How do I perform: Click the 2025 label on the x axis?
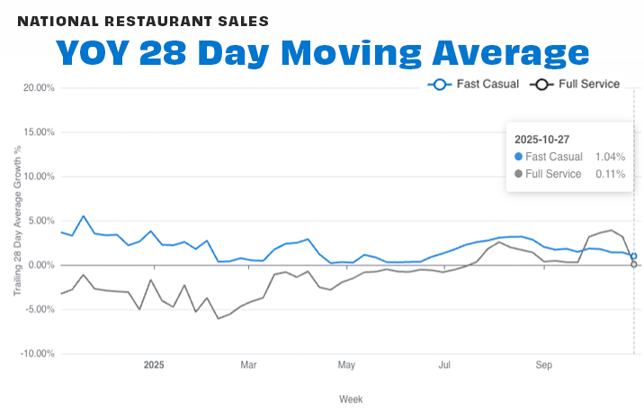(x=155, y=366)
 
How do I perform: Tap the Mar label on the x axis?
(x=249, y=366)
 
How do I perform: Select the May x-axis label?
(x=346, y=366)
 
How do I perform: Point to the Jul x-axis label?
(x=444, y=366)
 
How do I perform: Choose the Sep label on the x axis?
(x=543, y=366)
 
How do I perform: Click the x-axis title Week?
(x=351, y=399)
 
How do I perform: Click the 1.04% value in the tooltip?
(x=610, y=157)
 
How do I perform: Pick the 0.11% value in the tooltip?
(x=610, y=174)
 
